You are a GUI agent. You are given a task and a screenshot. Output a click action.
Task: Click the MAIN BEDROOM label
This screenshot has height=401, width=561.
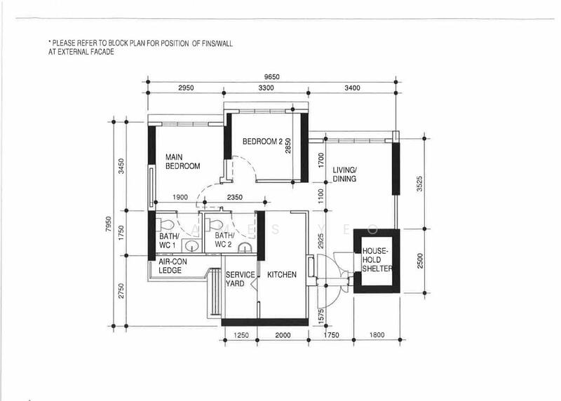[182, 161]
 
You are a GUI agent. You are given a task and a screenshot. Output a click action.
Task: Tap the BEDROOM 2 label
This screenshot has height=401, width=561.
[262, 142]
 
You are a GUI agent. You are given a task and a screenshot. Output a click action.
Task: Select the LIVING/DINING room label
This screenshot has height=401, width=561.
[344, 175]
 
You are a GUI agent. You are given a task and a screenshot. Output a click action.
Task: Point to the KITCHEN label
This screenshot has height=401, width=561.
[281, 275]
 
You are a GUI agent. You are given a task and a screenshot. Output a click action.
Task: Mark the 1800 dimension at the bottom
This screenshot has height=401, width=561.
[378, 336]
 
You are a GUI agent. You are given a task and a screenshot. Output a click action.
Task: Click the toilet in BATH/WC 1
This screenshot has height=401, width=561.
[166, 224]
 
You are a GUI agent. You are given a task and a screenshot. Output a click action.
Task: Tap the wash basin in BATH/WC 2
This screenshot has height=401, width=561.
[243, 247]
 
